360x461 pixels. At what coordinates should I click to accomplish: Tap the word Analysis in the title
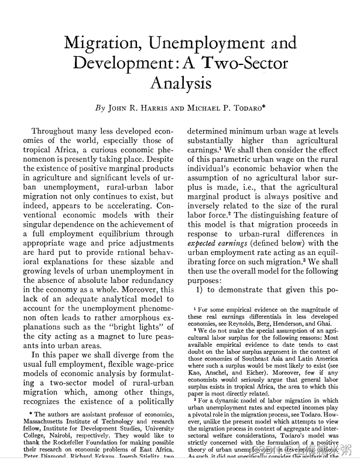[180, 83]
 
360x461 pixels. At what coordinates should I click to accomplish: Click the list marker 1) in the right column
[200, 289]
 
